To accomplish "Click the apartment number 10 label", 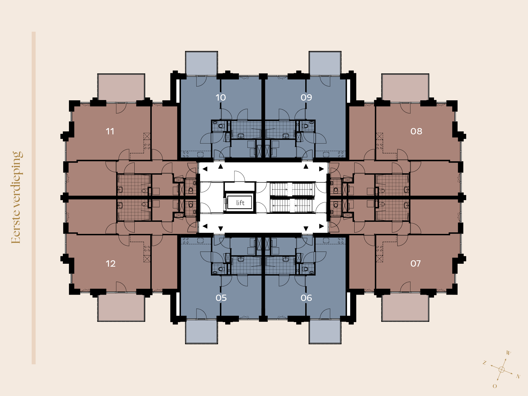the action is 221,97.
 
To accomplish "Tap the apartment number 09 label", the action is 306,97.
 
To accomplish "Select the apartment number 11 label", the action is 110,131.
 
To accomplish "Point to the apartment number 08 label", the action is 416,131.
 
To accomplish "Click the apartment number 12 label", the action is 111,263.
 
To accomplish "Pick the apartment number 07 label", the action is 416,263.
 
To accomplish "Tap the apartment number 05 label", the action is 221,298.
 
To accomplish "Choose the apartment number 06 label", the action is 306,298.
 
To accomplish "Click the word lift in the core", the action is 240,202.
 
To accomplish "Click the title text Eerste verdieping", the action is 17,197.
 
